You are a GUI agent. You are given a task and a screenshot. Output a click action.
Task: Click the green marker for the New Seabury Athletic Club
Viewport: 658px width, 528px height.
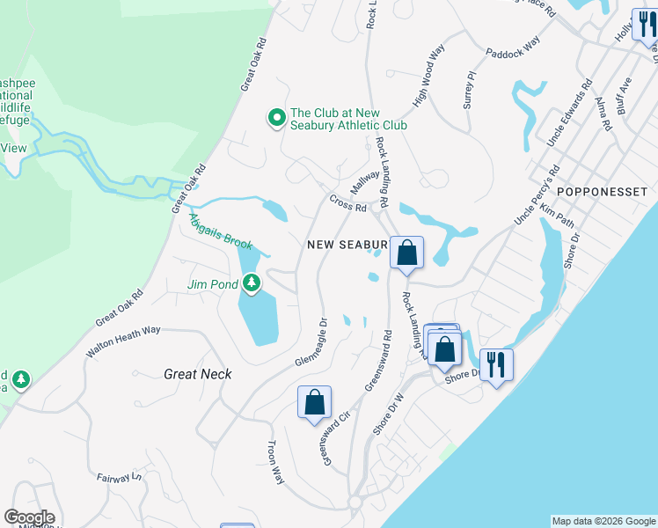276,117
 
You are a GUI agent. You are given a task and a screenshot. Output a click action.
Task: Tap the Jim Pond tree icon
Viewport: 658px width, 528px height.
252,283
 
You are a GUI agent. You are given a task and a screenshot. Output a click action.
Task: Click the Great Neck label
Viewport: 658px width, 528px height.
198,374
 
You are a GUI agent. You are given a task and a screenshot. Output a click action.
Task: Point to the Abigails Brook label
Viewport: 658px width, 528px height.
221,231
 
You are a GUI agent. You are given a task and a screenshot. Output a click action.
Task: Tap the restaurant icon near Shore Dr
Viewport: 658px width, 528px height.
496,363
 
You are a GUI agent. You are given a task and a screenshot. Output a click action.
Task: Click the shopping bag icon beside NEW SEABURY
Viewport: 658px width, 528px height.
406,253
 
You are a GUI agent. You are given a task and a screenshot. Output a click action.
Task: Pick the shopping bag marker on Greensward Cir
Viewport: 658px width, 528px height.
314,403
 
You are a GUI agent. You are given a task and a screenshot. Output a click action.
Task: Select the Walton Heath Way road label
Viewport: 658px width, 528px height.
123,341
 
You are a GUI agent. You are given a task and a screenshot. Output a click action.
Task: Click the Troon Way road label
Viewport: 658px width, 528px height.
276,462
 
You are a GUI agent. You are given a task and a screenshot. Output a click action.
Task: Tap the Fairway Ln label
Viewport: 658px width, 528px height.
119,476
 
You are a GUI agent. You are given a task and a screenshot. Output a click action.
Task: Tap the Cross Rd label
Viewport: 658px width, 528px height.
347,202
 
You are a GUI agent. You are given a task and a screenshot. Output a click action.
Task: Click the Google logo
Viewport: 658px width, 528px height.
29,517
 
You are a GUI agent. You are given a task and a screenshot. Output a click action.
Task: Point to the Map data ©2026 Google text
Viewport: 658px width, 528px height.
603,521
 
